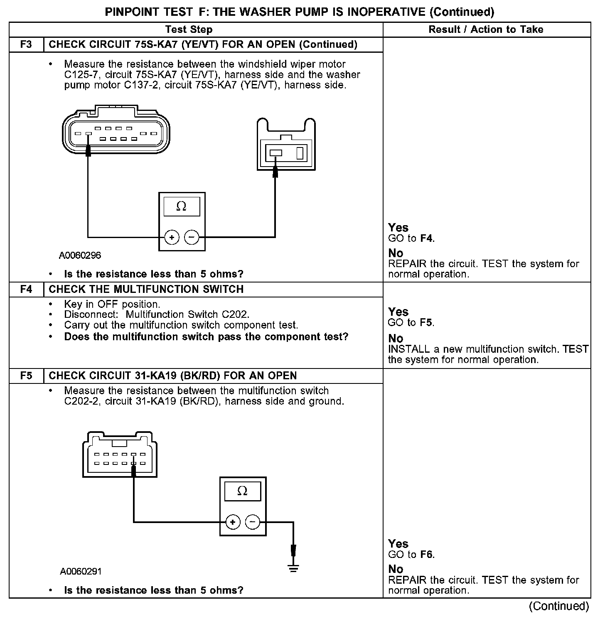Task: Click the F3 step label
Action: point(26,44)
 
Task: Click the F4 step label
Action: point(26,289)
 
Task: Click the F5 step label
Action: point(26,376)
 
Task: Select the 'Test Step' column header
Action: point(189,29)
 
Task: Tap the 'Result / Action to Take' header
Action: point(486,29)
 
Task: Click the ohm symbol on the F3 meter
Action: point(182,206)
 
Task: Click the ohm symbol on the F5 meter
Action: point(242,491)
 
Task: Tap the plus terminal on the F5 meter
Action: point(233,522)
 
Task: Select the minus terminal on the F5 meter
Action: point(253,522)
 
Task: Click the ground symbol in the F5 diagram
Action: point(293,568)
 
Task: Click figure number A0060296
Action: point(80,255)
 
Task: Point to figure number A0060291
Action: point(81,571)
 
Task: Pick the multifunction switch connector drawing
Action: point(120,455)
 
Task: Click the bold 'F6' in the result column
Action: point(427,554)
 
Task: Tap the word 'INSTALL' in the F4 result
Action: point(403,349)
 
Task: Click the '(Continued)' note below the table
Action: point(559,606)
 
